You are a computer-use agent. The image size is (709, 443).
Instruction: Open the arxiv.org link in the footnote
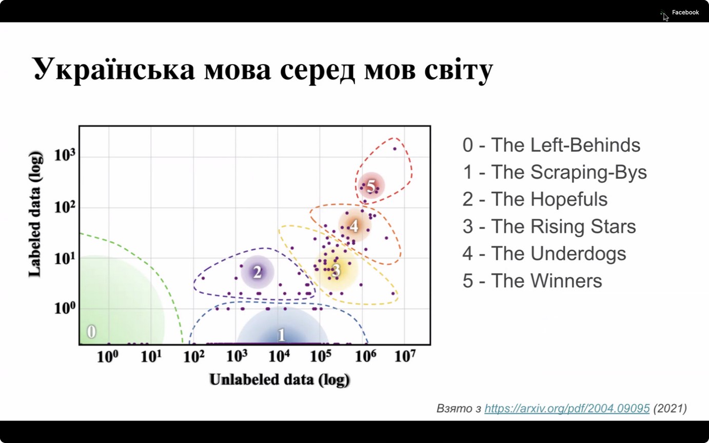[x=566, y=408]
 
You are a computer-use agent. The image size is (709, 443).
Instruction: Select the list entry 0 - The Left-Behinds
[x=551, y=145]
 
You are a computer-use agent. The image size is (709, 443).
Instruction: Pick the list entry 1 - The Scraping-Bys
[x=554, y=172]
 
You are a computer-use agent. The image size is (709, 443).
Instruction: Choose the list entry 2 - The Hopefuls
[x=535, y=199]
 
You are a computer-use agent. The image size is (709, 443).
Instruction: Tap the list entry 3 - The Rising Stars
[x=549, y=226]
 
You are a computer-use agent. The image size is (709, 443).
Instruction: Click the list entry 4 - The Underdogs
[x=544, y=253]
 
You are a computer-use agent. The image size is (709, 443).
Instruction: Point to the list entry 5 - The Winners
[x=532, y=280]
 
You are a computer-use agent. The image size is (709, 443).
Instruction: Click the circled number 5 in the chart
[x=371, y=186]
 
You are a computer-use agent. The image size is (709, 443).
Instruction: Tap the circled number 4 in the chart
[x=354, y=225]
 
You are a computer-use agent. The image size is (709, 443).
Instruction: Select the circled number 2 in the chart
[x=258, y=272]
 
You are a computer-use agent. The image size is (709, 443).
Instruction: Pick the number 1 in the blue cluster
[x=281, y=335]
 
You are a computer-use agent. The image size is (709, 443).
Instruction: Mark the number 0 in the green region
[x=91, y=332]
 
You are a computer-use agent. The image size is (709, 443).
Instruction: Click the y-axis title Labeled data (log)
[x=35, y=214]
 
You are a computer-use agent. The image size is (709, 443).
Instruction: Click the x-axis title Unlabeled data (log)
[x=280, y=379]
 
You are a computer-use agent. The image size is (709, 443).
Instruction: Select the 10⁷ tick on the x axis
[x=405, y=355]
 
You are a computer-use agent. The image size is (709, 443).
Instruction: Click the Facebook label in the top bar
[x=685, y=12]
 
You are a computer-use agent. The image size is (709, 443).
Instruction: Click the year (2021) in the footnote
[x=669, y=408]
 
